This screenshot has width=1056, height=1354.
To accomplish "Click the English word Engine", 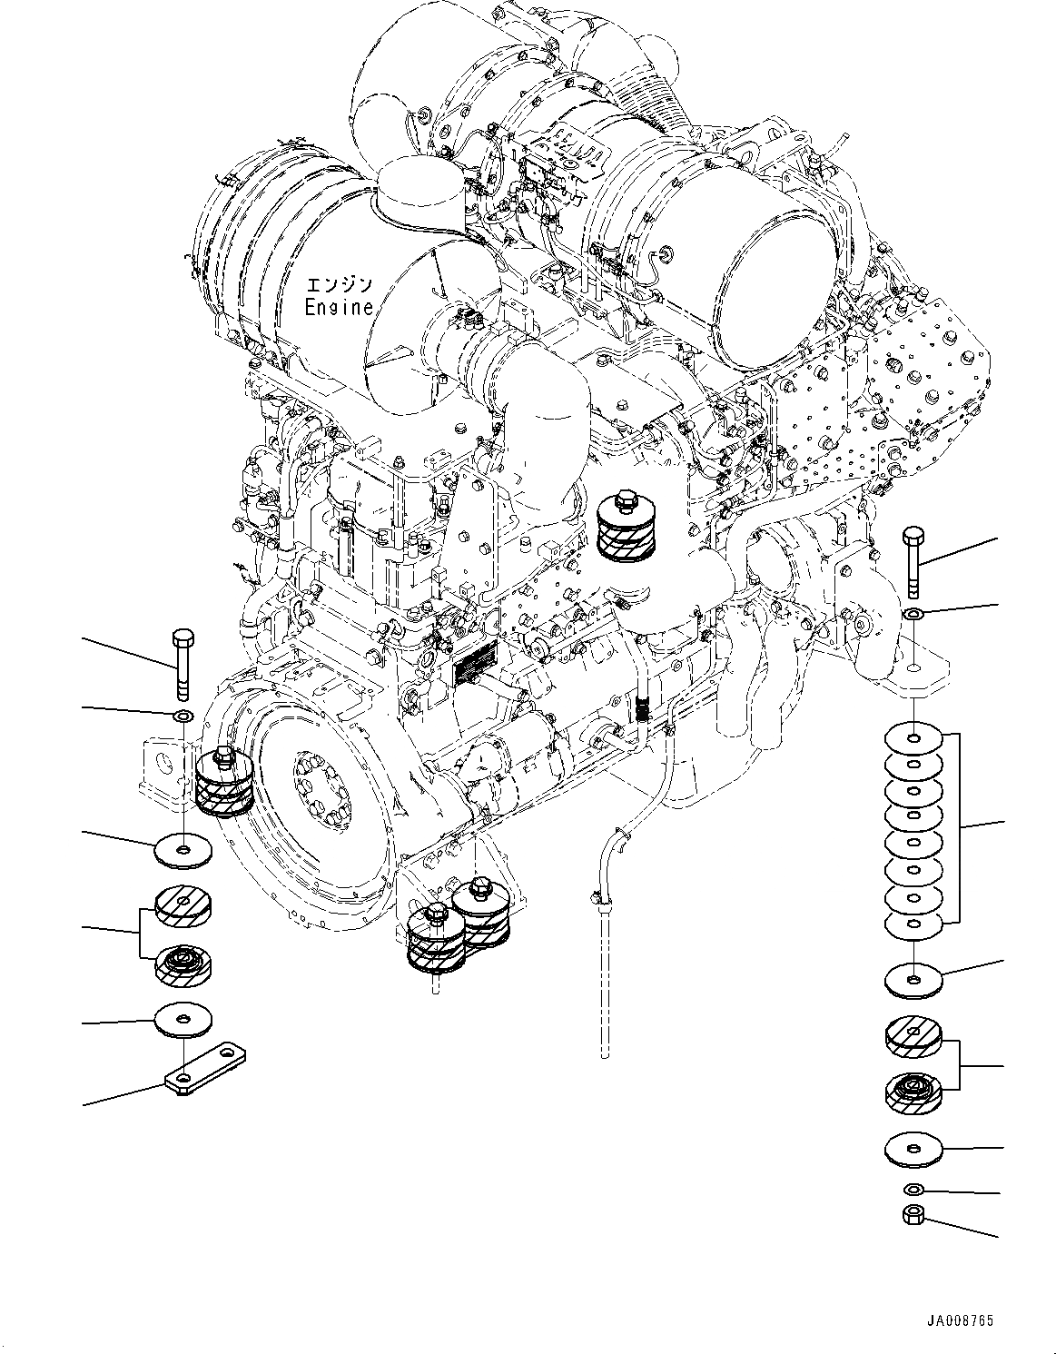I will coord(339,307).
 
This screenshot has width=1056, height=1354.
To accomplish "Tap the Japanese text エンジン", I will coord(339,283).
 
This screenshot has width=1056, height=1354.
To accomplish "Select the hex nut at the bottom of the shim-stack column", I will coord(913,1213).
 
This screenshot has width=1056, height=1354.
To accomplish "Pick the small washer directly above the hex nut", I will coord(913,1189).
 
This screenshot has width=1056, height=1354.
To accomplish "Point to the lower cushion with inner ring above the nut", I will coord(913,1093).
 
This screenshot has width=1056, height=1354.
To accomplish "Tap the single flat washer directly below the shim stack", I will coord(913,979).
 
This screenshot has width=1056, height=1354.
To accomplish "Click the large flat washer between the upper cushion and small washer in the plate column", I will coord(183,851).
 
